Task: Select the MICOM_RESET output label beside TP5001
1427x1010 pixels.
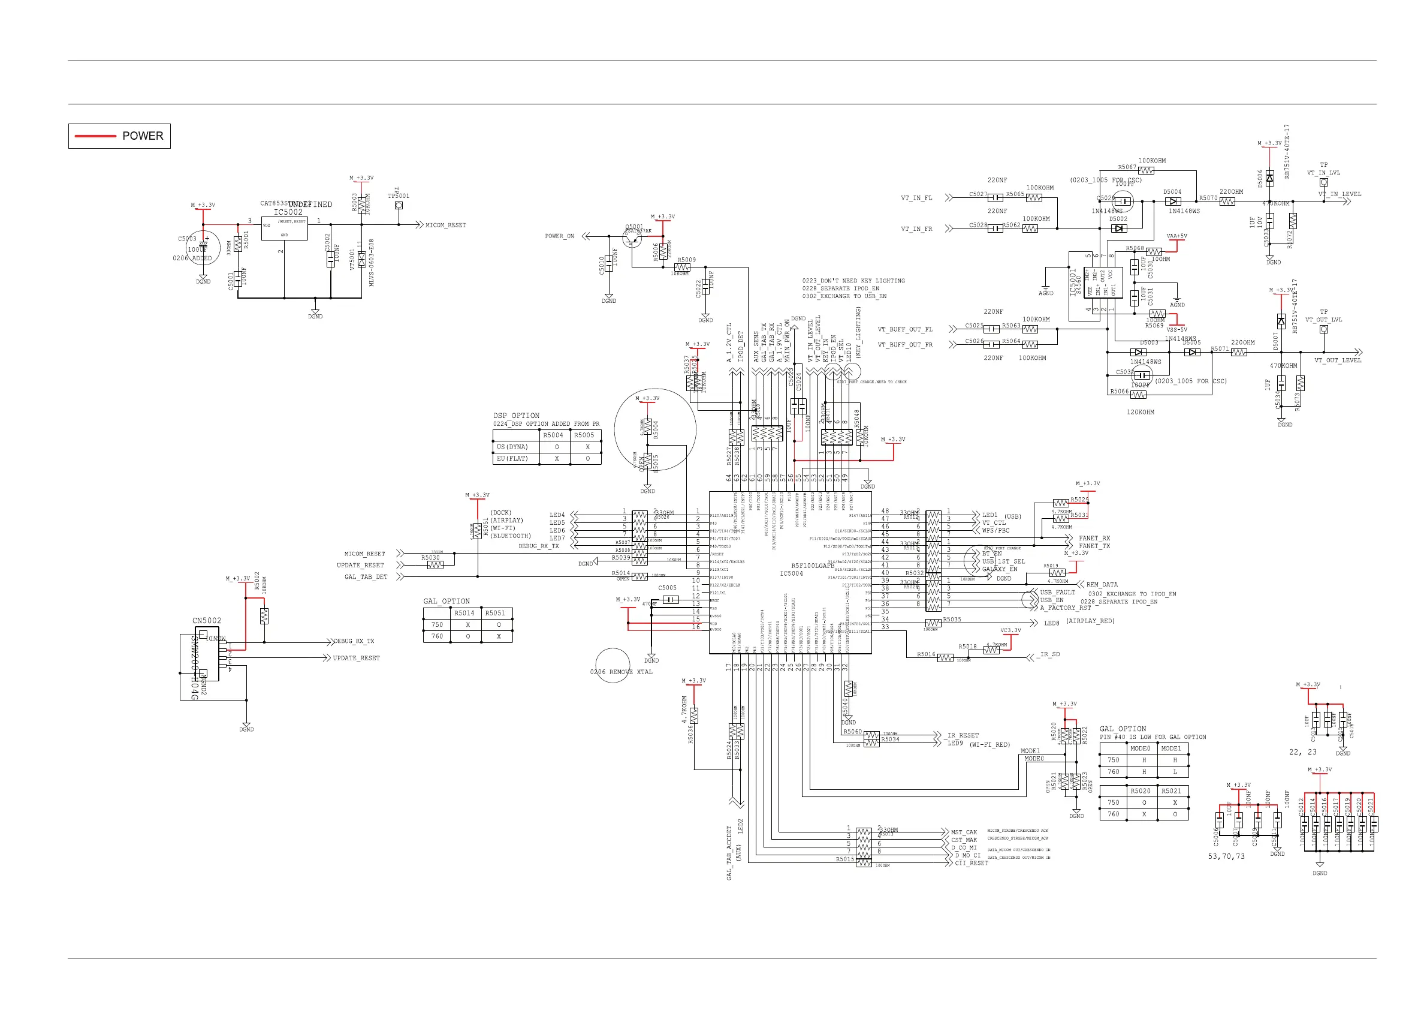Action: [x=445, y=225]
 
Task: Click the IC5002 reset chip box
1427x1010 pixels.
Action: [x=284, y=229]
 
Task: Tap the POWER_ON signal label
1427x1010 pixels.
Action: [x=559, y=236]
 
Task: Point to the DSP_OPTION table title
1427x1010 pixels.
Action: [x=516, y=416]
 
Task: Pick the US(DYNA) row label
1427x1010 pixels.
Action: [x=512, y=447]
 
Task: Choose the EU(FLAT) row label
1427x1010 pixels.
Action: [x=512, y=458]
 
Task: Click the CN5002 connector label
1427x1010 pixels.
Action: [x=206, y=621]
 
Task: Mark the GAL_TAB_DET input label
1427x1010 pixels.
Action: [x=366, y=577]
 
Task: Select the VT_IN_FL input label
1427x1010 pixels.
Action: [x=917, y=198]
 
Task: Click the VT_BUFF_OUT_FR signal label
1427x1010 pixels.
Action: [x=905, y=344]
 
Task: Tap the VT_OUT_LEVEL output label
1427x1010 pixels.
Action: [x=1338, y=360]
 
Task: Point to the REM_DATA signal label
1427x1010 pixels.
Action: [x=1102, y=585]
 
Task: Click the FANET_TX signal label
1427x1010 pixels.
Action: [x=1094, y=546]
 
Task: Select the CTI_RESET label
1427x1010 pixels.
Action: [x=972, y=863]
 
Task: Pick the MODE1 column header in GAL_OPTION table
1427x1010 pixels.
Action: [x=1171, y=749]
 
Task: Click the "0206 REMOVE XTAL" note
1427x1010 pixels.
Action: [x=621, y=672]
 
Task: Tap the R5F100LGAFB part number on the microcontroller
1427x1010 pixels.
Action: [x=812, y=566]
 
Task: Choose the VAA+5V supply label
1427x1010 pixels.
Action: [x=1176, y=236]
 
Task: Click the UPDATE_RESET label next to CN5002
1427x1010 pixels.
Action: [x=356, y=658]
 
